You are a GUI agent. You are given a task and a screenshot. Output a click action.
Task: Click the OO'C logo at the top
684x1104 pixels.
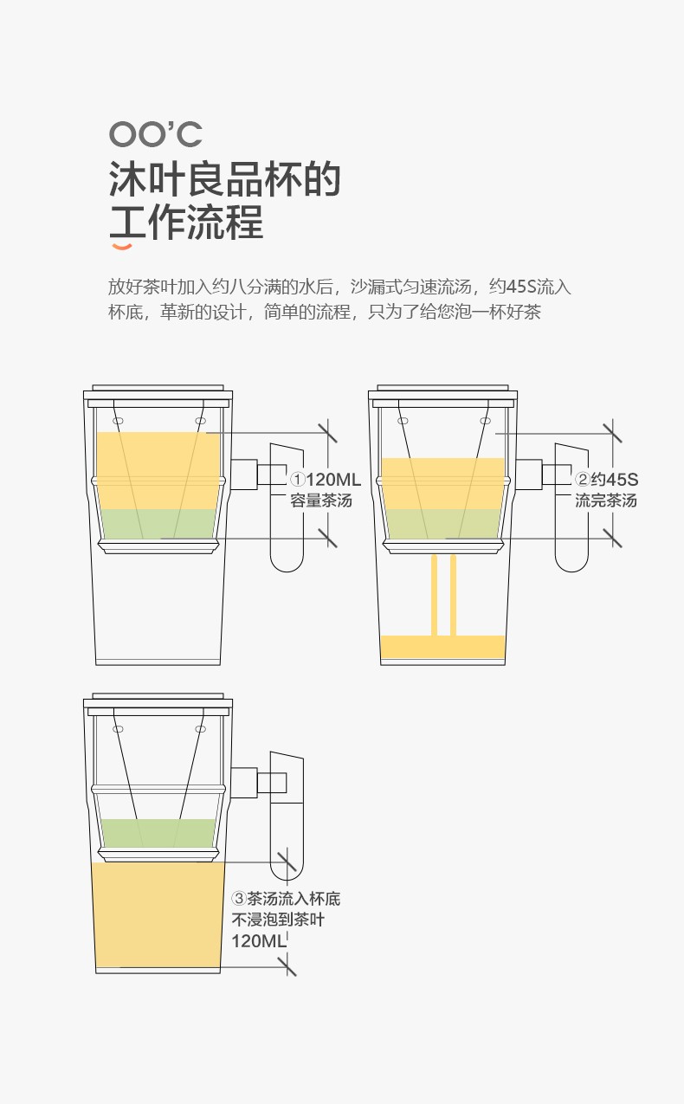[x=156, y=134]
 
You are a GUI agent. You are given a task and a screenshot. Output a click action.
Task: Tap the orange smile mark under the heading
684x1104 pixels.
[x=122, y=247]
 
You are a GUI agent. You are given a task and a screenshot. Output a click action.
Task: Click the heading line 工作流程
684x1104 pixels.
[x=186, y=222]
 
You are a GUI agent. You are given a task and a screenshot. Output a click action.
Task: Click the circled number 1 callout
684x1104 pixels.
[x=297, y=479]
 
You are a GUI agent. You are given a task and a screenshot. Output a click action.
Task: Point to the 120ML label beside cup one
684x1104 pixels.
[x=333, y=479]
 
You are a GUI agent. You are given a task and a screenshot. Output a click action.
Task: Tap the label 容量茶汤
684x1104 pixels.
[x=321, y=500]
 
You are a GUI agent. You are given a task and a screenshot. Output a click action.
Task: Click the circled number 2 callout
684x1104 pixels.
[x=582, y=479]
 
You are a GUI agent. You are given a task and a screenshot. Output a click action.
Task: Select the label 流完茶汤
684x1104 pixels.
[x=606, y=500]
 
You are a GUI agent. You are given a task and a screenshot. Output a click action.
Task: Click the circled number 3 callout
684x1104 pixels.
[x=239, y=898]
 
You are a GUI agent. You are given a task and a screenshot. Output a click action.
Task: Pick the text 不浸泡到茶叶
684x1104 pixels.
[x=278, y=920]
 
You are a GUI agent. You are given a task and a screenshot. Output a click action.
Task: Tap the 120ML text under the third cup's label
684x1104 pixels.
[x=258, y=941]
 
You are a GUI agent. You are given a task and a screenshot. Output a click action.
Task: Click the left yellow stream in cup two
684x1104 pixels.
[x=434, y=596]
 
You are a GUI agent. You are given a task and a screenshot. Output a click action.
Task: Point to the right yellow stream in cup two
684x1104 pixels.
[x=453, y=596]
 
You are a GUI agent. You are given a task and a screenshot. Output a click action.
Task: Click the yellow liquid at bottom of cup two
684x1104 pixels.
[x=443, y=647]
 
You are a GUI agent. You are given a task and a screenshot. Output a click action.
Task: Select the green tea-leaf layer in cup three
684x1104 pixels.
[x=158, y=833]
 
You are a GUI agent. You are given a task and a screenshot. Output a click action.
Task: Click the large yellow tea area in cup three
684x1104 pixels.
[x=158, y=914]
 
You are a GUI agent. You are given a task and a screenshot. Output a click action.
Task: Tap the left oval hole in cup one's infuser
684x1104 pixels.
[x=119, y=421]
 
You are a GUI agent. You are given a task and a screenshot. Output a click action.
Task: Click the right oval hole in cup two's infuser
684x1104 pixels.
[x=486, y=421]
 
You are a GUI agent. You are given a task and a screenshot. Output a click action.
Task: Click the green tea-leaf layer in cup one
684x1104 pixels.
[x=158, y=524]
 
